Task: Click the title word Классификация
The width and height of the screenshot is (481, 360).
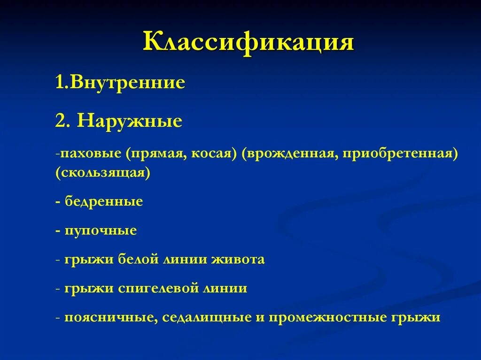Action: point(248,42)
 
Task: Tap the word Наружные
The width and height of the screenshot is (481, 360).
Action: point(130,121)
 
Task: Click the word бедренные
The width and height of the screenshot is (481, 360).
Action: point(104,201)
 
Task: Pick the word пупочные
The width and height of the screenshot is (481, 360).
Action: point(101,230)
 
